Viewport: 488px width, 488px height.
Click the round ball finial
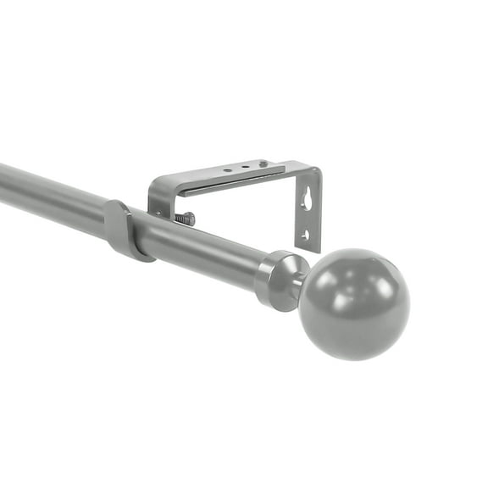[x=354, y=303]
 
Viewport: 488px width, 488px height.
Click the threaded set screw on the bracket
[x=186, y=219]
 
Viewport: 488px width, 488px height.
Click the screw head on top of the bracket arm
[x=263, y=164]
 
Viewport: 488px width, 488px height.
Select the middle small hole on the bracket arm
[x=245, y=167]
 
